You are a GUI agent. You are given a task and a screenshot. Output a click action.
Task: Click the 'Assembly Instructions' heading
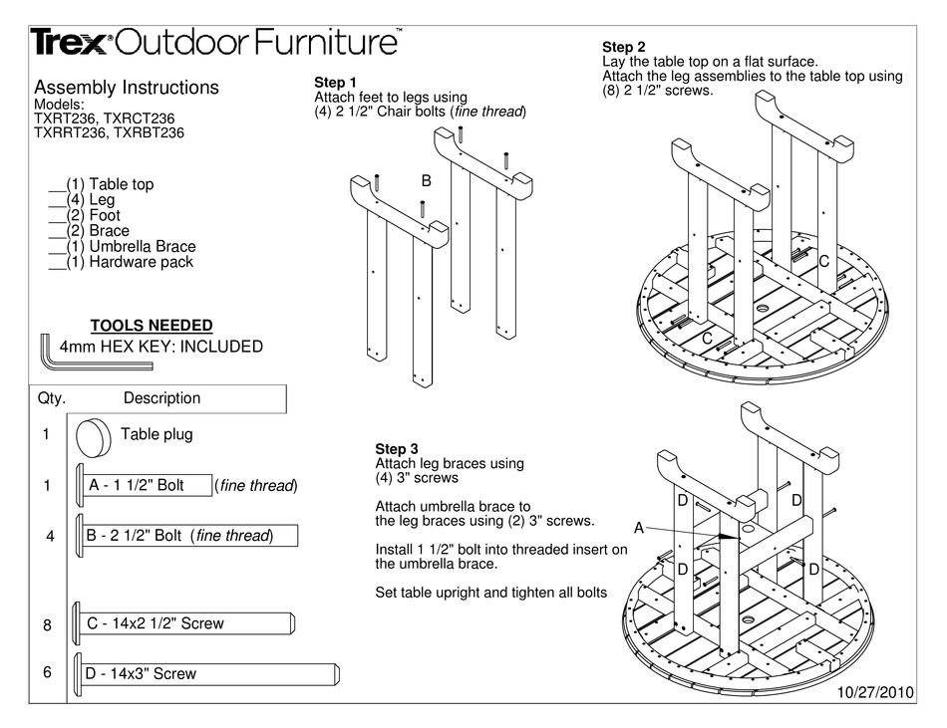click(x=126, y=88)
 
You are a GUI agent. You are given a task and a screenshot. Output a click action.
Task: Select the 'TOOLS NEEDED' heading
click(x=152, y=326)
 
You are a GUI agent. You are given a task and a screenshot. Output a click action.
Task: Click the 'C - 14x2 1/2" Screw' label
click(x=157, y=623)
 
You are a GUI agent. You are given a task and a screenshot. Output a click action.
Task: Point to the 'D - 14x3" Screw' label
click(x=142, y=674)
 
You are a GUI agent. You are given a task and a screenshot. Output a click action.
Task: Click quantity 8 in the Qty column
click(x=47, y=625)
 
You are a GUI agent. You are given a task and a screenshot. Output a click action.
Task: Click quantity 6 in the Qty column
click(x=47, y=672)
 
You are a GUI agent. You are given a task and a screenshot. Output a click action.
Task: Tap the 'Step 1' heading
click(x=335, y=82)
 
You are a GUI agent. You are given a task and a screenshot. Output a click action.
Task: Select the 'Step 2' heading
click(x=624, y=47)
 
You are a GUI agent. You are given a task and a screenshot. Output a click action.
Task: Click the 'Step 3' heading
click(x=397, y=449)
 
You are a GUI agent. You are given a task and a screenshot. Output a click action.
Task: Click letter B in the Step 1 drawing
click(x=426, y=181)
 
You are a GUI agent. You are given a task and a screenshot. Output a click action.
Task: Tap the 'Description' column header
click(x=161, y=398)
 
